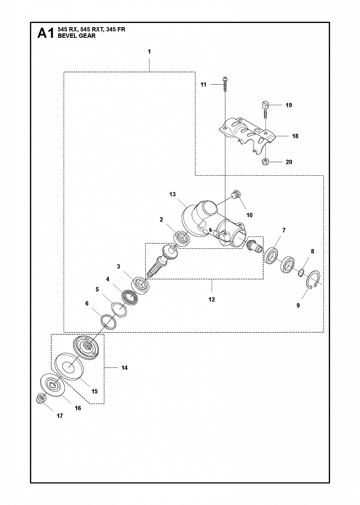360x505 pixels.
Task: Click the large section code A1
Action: [46, 33]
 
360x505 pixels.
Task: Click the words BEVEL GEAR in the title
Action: [77, 36]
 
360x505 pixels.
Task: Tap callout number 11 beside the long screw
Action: [203, 85]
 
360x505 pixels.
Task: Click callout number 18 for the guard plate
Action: [295, 136]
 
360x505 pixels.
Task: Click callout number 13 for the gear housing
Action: [172, 194]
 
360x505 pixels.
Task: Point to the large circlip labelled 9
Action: [313, 279]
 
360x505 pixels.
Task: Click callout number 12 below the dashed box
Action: [211, 299]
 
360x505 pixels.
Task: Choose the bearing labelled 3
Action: [141, 284]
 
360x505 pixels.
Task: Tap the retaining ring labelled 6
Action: [109, 322]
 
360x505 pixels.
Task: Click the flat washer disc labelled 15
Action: [69, 366]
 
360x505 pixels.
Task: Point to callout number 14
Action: [124, 368]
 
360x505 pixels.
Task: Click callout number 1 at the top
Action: [149, 52]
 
